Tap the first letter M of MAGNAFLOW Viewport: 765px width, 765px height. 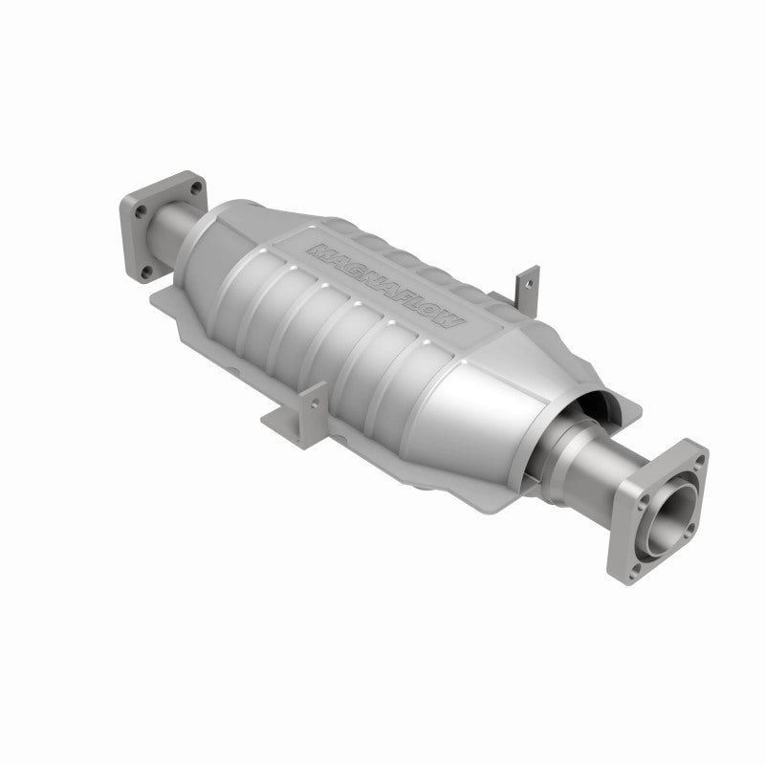pos(316,251)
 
